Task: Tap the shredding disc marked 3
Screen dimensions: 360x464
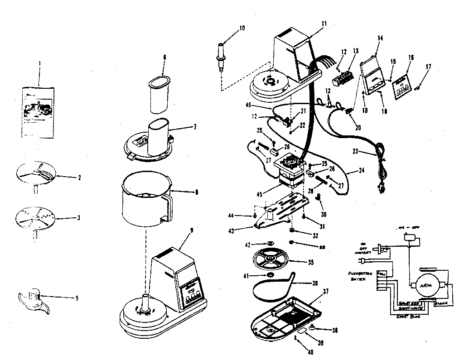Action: [x=35, y=217]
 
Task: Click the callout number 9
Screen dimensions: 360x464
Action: [x=191, y=230]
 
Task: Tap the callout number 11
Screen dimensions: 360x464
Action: [x=323, y=23]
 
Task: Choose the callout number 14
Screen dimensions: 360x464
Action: [x=380, y=38]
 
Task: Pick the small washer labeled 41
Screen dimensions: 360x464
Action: [x=269, y=275]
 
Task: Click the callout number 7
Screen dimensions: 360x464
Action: [x=194, y=126]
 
